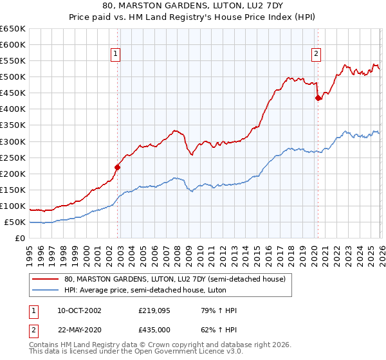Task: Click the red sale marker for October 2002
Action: point(117,167)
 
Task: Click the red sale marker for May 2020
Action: point(318,98)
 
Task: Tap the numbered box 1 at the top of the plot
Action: point(115,55)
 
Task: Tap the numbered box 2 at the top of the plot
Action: point(317,55)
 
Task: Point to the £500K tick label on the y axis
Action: point(12,77)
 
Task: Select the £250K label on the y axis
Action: point(12,157)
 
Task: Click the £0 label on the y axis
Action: point(19,239)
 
